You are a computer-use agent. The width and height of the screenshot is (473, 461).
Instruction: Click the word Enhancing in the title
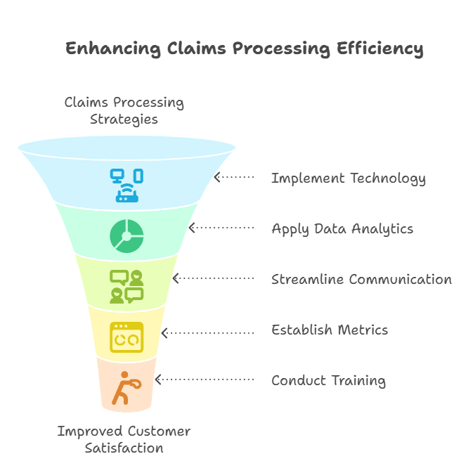point(113,48)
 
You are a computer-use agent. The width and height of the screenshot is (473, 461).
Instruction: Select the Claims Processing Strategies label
point(124,110)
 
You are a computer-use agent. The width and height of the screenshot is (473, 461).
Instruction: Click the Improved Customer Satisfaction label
point(124,439)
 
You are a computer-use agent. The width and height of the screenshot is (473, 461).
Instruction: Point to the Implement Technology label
point(349,178)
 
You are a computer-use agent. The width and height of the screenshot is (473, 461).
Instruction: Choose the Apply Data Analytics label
point(342,229)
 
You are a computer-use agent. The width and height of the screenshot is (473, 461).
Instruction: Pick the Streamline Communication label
point(361,280)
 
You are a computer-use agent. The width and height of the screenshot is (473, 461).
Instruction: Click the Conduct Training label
point(328,381)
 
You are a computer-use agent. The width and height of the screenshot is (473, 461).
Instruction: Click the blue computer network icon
point(127,185)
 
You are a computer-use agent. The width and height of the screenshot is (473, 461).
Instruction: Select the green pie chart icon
point(127,235)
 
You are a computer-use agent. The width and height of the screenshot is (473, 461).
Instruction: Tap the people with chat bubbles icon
point(127,286)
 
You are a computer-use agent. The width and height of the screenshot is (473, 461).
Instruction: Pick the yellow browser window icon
point(127,337)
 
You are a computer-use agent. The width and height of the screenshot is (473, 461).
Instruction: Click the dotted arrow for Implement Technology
point(234,177)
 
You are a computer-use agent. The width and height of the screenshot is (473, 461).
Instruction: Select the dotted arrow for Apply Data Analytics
point(221,228)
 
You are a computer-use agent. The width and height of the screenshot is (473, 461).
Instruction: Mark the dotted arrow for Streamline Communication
point(213,279)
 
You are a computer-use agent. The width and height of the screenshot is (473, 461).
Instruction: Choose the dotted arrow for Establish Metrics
point(207,330)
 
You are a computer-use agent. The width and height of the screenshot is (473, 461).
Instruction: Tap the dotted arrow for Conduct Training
point(204,380)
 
